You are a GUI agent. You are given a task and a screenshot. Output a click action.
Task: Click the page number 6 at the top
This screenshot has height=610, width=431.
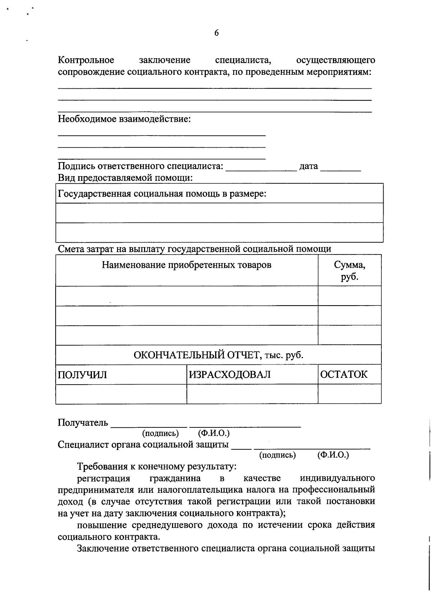pos(216,33)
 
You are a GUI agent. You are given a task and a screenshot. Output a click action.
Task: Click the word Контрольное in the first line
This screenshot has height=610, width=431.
pos(86,60)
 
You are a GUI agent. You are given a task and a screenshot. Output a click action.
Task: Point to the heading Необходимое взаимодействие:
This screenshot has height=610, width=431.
pos(124,119)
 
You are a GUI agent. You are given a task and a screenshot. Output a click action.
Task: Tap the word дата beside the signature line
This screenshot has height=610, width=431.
pos(309,166)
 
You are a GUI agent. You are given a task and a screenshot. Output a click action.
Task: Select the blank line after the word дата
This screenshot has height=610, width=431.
pos(340,169)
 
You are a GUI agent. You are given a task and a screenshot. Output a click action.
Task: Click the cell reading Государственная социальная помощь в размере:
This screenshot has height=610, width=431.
pos(162,194)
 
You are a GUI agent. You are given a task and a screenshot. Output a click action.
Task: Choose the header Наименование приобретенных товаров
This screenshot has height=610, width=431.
pos(186,265)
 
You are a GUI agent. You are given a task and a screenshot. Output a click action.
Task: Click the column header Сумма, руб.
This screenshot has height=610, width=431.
pos(349,271)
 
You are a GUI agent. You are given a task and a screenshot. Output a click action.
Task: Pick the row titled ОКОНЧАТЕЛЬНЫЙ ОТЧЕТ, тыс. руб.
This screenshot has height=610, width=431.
pos(218,355)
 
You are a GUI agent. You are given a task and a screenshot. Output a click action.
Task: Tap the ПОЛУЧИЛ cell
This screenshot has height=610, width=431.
pos(83,375)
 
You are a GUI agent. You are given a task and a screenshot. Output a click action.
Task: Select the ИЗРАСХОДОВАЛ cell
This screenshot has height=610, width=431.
pos(230,375)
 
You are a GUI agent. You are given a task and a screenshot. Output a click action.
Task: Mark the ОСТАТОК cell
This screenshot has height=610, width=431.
pos(344,375)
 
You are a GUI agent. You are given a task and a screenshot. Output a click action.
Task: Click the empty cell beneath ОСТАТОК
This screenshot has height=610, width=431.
pos(349,394)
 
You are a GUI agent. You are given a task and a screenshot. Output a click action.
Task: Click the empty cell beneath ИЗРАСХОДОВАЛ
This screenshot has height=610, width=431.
pos(252,394)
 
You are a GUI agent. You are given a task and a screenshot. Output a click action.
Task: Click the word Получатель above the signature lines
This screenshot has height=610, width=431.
pos(83,423)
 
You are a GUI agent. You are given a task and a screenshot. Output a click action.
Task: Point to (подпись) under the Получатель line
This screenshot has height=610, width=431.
pos(161,434)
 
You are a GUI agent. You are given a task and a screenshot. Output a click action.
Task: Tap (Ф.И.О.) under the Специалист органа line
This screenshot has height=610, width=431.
pos(333,455)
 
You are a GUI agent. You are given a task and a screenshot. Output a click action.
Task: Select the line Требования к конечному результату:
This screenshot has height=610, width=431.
pos(157,467)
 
